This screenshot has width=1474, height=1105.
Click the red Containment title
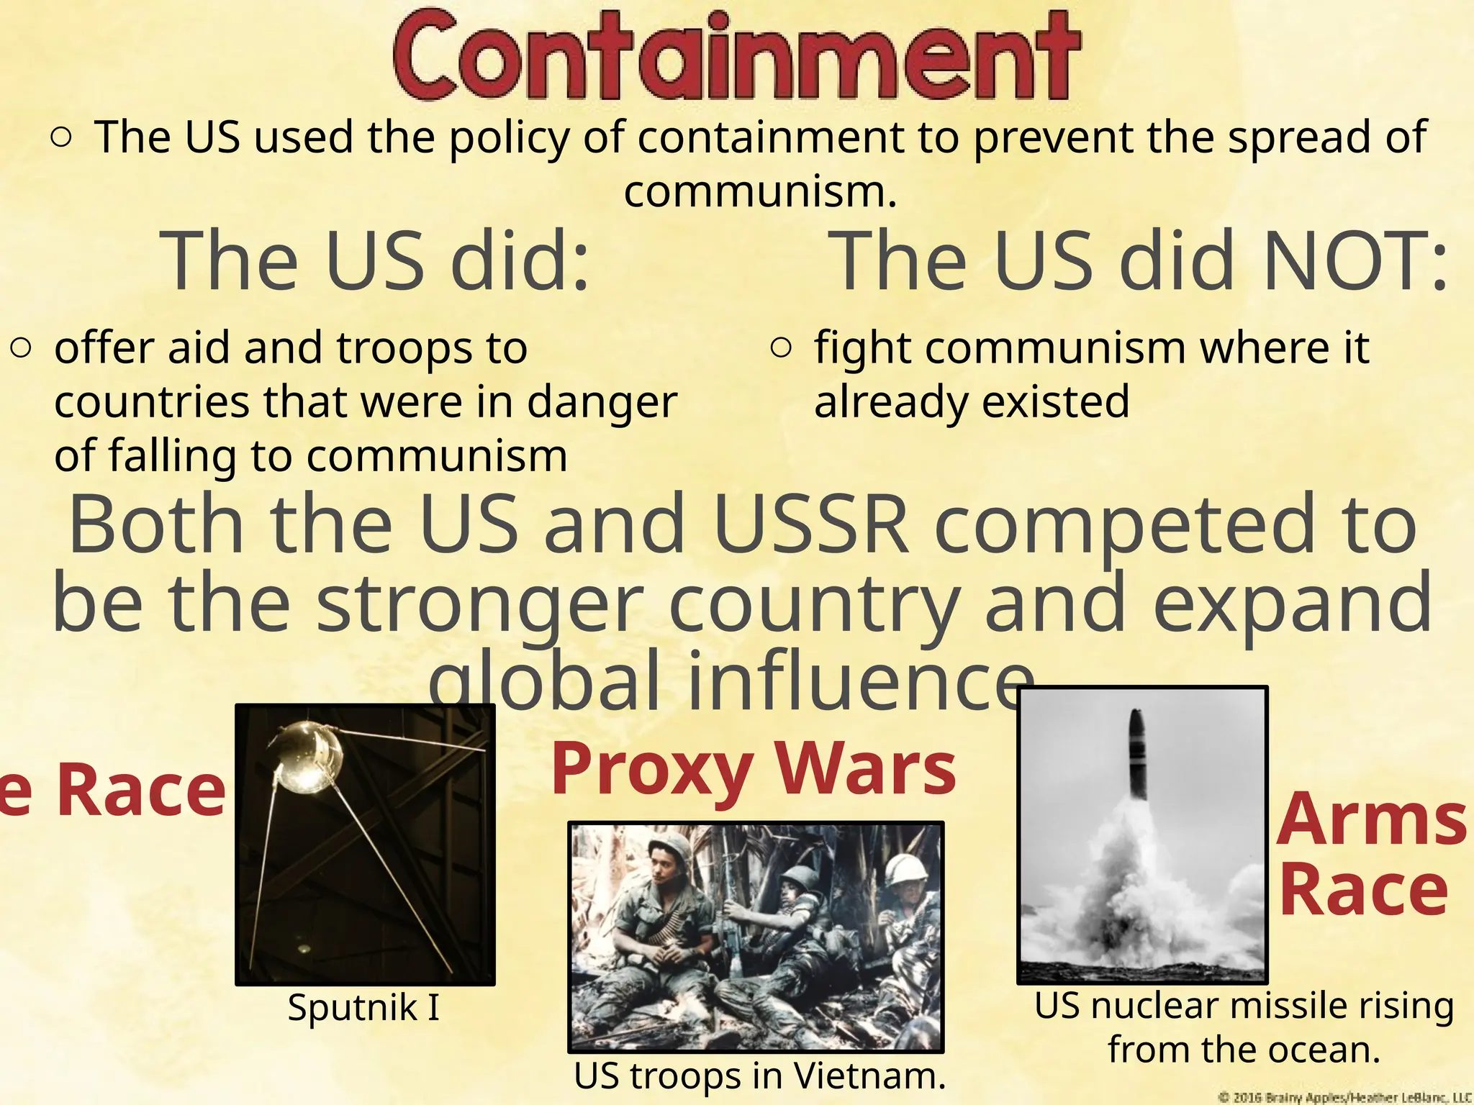click(736, 55)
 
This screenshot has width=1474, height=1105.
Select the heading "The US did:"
click(377, 260)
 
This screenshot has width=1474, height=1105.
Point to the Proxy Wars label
click(754, 770)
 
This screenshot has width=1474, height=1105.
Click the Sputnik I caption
click(363, 1006)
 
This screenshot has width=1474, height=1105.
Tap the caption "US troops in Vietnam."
click(759, 1076)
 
